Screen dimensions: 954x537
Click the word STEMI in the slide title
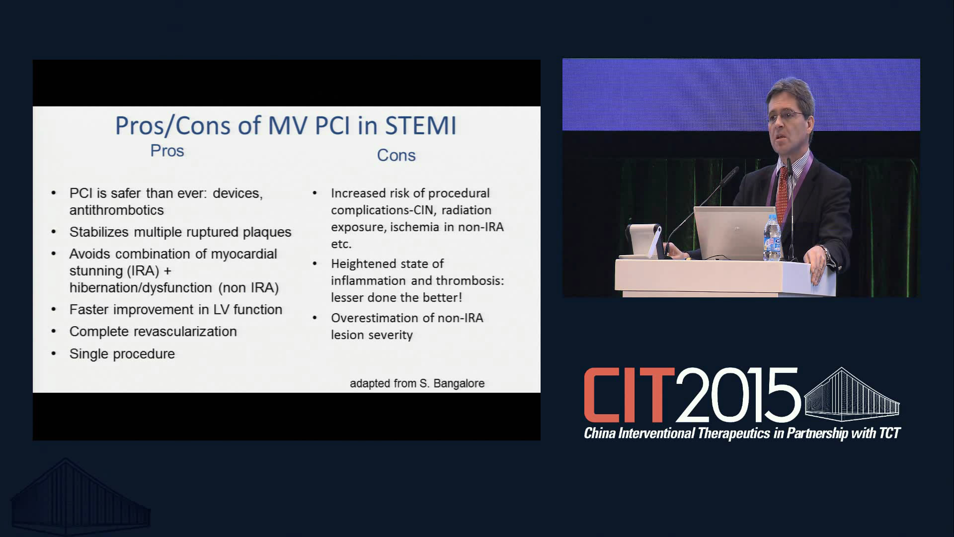[x=421, y=125]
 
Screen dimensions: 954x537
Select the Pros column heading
[x=167, y=151]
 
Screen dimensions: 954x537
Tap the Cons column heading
[x=396, y=155]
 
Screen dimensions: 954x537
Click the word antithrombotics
[x=116, y=210]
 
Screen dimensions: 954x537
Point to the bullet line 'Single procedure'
[x=122, y=354]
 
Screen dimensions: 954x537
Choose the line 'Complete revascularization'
[x=153, y=332]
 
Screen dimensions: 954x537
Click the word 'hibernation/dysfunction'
[x=141, y=288]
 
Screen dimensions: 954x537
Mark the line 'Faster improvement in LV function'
[x=176, y=309]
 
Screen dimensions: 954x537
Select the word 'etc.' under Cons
[x=341, y=244]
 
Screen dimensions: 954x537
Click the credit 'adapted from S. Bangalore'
[x=417, y=383]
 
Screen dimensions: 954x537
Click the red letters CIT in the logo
[x=629, y=395]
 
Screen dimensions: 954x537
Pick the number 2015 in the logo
[x=737, y=395]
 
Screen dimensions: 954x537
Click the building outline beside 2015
[x=852, y=394]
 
